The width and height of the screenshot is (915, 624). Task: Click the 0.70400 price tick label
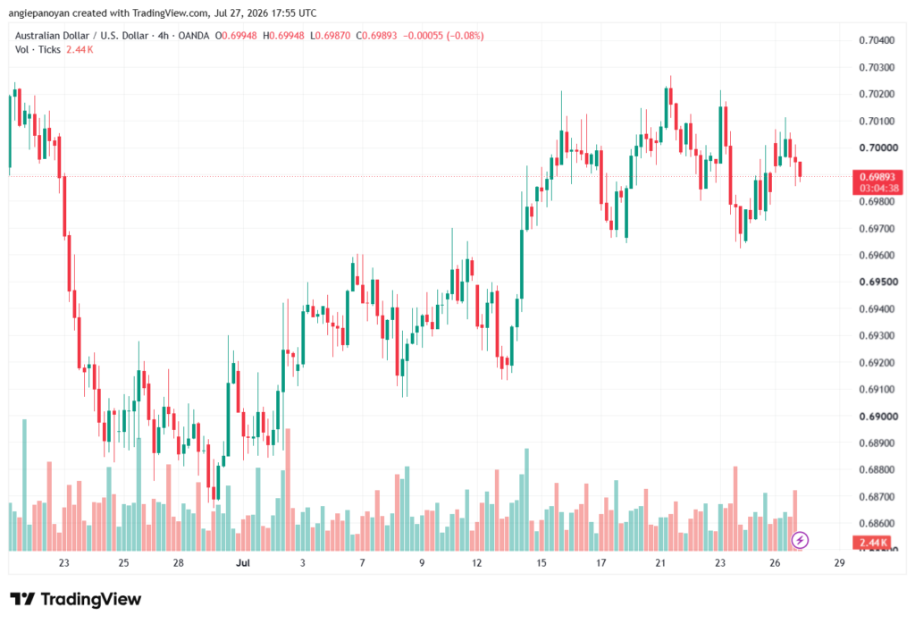click(x=877, y=40)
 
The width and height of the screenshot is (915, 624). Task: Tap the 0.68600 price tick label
click(x=877, y=524)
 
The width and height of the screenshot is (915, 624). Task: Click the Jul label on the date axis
click(x=243, y=562)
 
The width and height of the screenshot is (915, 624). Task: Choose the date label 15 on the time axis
click(x=541, y=562)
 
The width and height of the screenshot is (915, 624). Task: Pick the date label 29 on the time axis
click(x=839, y=562)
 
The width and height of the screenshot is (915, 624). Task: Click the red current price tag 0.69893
click(x=877, y=177)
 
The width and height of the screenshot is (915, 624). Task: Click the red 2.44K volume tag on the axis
click(x=872, y=543)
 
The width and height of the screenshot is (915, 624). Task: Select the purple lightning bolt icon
click(x=800, y=540)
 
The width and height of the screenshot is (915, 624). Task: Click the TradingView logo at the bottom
click(x=75, y=599)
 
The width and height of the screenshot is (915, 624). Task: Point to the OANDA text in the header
click(x=193, y=36)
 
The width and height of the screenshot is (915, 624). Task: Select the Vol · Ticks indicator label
click(x=38, y=50)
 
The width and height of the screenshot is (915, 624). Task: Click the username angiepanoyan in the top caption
click(x=39, y=13)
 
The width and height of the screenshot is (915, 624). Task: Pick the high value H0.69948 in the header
click(x=283, y=36)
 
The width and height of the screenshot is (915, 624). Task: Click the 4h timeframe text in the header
click(x=164, y=36)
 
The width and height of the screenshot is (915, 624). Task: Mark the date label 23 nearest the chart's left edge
click(x=63, y=562)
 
